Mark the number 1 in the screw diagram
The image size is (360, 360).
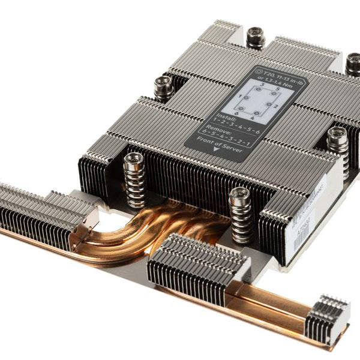point(240,96)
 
